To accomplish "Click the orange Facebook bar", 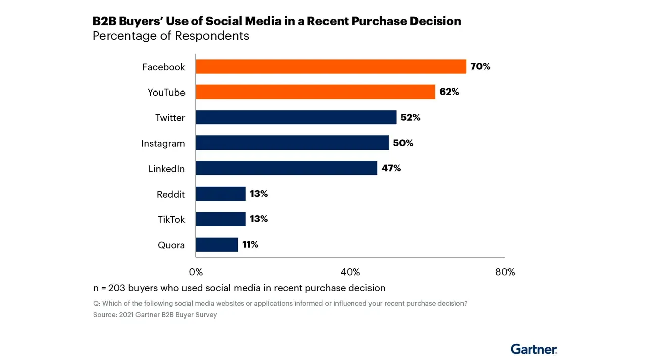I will point(331,67).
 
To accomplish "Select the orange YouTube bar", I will point(315,92).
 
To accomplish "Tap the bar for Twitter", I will point(296,117).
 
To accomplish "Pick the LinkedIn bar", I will point(286,168).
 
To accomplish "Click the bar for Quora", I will point(216,245).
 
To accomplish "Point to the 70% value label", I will point(480,66).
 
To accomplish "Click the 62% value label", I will point(449,92).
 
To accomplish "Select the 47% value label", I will point(391,168).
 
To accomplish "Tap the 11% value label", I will point(250,245).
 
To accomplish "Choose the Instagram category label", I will point(163,144).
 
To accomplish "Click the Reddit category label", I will point(171,194).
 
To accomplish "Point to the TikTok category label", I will point(171,220).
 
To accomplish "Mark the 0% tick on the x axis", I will point(196,272).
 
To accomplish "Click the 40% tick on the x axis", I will point(350,272).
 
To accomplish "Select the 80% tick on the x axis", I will point(505,272).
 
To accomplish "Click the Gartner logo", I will point(533,349).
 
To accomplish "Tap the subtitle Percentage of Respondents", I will point(170,36).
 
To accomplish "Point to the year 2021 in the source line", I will point(127,315).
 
